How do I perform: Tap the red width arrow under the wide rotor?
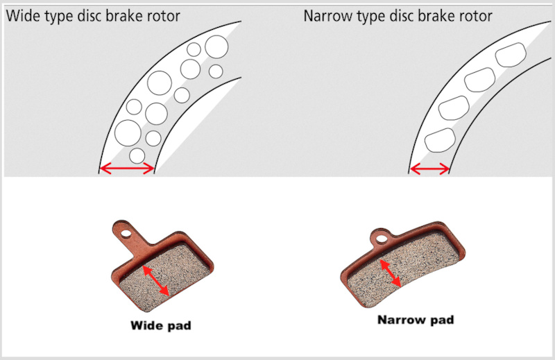(127, 169)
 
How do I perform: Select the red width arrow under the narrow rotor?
(429, 169)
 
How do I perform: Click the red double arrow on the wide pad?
(155, 280)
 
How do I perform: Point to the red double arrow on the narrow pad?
(390, 273)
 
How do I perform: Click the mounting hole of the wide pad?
(125, 234)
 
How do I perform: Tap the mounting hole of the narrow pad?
(381, 239)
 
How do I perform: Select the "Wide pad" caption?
(161, 325)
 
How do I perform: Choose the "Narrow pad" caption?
(416, 320)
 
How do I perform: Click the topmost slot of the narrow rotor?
(511, 55)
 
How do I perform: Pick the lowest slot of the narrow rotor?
(440, 140)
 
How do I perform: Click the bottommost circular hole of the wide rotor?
(137, 156)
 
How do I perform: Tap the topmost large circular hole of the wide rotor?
(216, 46)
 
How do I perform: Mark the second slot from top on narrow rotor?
(479, 80)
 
